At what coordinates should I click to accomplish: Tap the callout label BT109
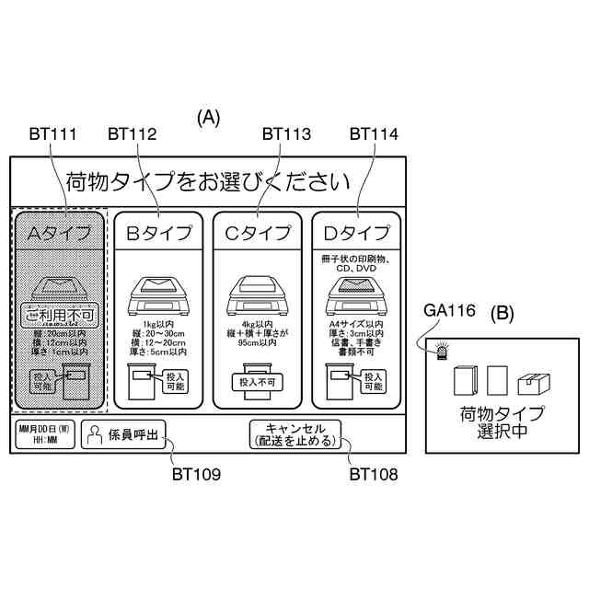tap(196, 475)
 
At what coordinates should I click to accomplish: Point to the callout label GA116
tap(449, 311)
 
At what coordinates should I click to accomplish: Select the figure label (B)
tap(508, 312)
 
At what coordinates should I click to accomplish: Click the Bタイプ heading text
tap(159, 234)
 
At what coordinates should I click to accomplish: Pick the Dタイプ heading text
tap(355, 234)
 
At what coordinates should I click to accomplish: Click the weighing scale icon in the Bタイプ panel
tap(158, 292)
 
